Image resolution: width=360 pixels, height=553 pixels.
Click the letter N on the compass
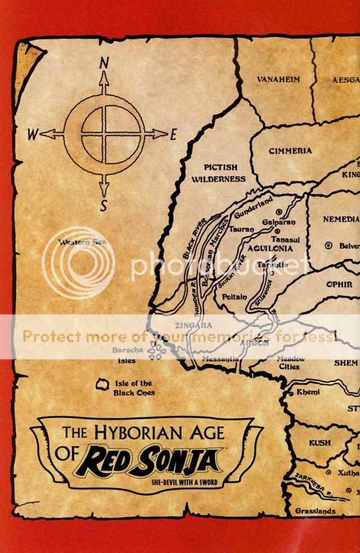click(x=103, y=64)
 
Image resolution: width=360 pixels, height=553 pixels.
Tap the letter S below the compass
click(x=103, y=206)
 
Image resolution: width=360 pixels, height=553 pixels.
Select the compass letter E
click(x=173, y=134)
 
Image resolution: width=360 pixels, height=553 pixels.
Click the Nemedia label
click(x=341, y=219)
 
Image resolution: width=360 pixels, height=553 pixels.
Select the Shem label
click(x=345, y=363)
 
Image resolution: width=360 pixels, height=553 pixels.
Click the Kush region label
click(x=320, y=443)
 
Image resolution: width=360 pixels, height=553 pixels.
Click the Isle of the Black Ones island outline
click(x=103, y=384)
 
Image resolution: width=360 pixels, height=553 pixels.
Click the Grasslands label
click(x=316, y=511)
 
